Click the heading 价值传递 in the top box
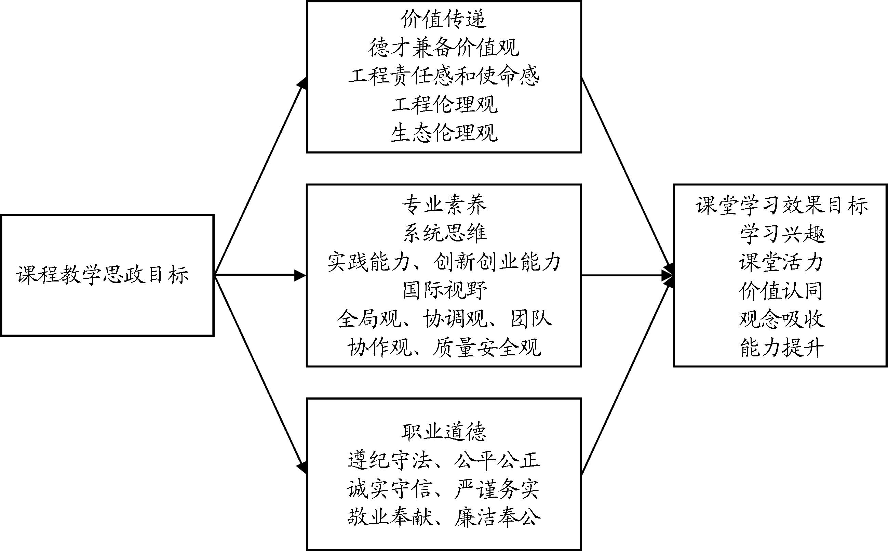443,19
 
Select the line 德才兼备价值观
443,48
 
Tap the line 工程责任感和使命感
443,76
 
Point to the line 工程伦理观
443,105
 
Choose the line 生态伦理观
443,133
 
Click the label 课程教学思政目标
103,275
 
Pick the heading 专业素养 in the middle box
444,205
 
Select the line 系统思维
444,233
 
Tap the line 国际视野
444,290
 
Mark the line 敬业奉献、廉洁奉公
443,517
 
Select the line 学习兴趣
782,234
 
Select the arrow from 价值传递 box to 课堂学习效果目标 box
626,175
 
